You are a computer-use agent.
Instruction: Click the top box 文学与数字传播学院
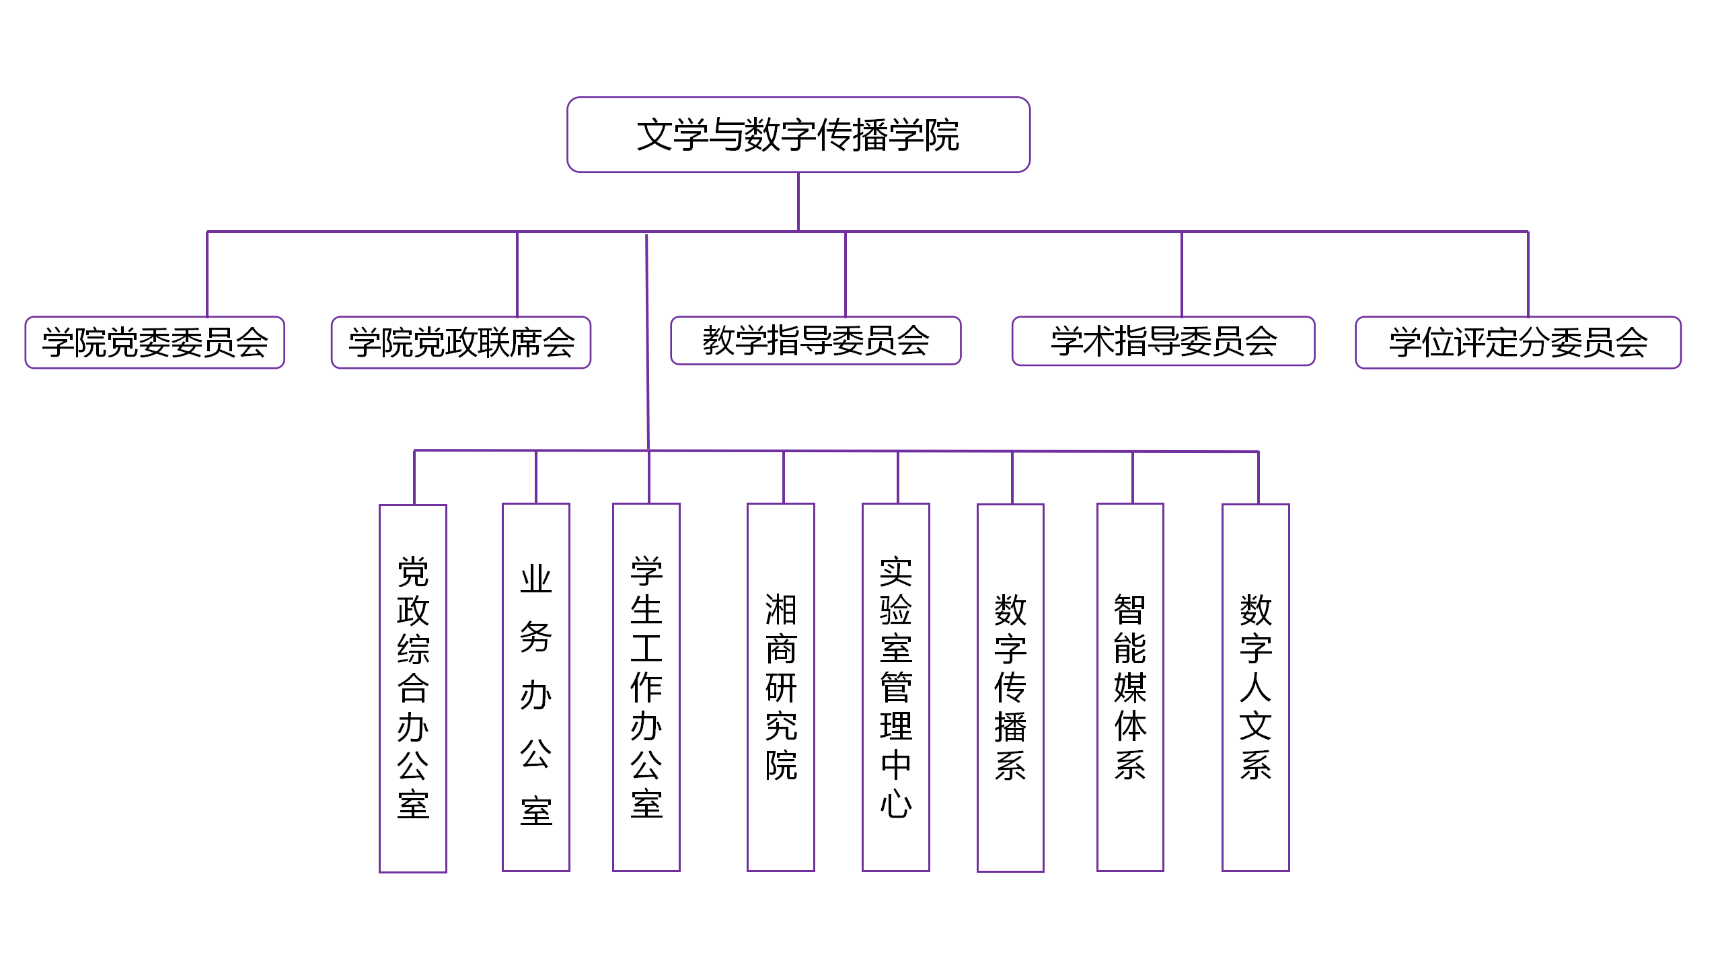(798, 135)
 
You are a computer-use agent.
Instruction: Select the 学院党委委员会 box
(155, 343)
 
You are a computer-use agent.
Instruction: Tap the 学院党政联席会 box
(461, 343)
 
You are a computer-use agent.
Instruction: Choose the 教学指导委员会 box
(816, 340)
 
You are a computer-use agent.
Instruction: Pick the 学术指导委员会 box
(1164, 341)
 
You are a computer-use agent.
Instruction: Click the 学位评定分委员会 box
(1518, 343)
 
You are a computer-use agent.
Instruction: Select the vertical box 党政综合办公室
(413, 688)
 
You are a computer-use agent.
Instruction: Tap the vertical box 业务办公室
(536, 687)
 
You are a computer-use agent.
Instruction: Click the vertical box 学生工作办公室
(646, 687)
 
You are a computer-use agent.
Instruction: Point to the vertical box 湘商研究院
(781, 687)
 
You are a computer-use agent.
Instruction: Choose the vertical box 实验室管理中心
(896, 687)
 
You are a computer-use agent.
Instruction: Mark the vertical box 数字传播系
(1010, 688)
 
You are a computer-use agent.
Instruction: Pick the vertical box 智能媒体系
(1130, 687)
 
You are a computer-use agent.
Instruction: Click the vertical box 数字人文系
(1256, 688)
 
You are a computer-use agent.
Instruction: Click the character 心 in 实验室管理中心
(896, 803)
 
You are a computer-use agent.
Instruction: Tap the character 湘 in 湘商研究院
(781, 610)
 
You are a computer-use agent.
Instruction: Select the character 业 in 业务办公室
(536, 579)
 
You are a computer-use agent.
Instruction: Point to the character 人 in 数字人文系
(1256, 687)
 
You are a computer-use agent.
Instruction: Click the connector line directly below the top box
(798, 202)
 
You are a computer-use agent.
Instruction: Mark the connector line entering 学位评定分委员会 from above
(1528, 274)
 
